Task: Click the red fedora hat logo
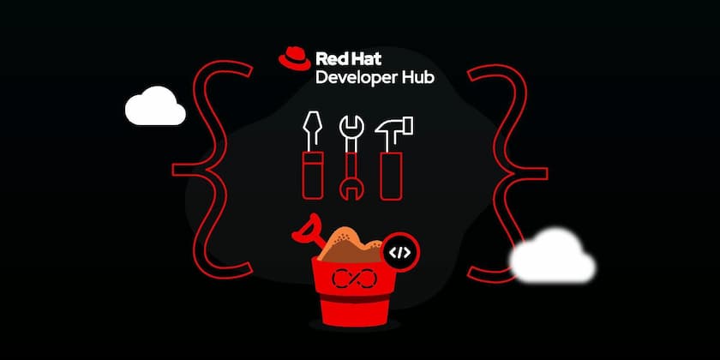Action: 294,58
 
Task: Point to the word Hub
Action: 416,77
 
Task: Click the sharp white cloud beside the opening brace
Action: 155,105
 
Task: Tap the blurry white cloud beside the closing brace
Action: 552,255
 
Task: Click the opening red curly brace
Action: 213,170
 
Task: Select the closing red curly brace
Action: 507,173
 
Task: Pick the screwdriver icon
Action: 313,155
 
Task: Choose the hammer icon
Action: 393,158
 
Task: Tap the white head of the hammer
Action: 394,126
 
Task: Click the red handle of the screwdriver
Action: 313,176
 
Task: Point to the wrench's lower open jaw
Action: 351,190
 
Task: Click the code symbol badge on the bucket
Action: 400,252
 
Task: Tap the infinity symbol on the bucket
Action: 354,278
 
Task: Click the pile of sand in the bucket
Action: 351,244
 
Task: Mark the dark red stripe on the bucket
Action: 353,298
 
